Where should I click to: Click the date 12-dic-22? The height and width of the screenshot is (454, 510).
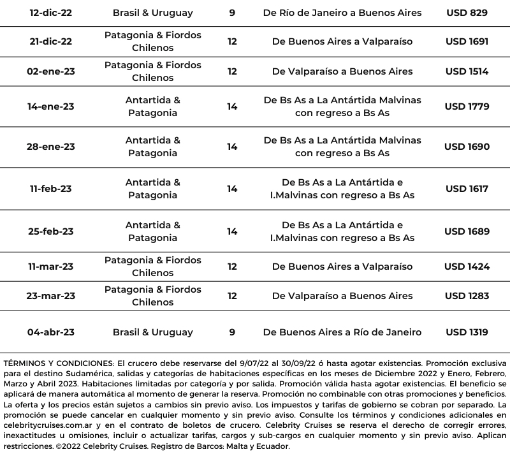[x=50, y=13]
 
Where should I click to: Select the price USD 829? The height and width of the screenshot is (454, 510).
[x=467, y=13]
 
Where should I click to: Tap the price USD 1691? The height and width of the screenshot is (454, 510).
[x=467, y=41]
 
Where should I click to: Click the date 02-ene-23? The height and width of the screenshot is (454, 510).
[x=50, y=71]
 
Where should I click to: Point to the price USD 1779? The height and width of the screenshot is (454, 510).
[x=467, y=106]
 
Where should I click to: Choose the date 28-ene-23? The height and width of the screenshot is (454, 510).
[x=50, y=147]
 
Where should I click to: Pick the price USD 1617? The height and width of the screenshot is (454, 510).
[x=467, y=189]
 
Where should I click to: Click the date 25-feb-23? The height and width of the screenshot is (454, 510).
[x=50, y=231]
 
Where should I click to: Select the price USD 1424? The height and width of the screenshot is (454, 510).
[x=467, y=267]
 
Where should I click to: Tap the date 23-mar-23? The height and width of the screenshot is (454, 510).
[x=50, y=296]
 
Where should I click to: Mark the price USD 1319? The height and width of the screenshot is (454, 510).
[x=467, y=332]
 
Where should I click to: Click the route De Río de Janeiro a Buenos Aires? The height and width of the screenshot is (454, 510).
[x=342, y=13]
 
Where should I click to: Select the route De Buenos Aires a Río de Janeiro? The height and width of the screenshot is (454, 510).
[x=342, y=332]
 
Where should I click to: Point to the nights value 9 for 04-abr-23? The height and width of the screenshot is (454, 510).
[x=232, y=332]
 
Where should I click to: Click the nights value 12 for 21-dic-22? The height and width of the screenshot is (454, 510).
[x=232, y=41]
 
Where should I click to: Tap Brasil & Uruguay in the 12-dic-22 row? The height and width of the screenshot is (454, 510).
[x=152, y=13]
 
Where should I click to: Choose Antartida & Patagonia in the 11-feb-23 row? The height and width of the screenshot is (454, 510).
[x=152, y=189]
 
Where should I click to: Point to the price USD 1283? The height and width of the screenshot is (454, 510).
[x=467, y=296]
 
